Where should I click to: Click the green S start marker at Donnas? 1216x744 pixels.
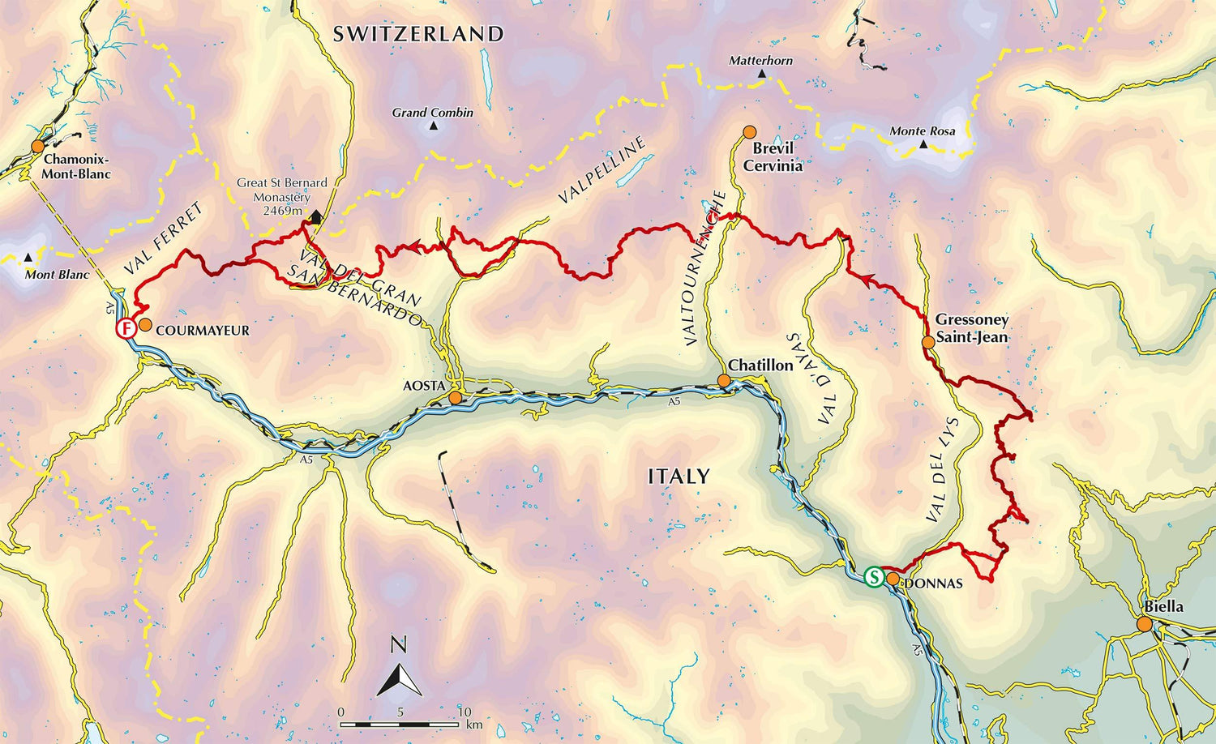pyautogui.click(x=874, y=577)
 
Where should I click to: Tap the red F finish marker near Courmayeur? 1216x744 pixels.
pyautogui.click(x=126, y=328)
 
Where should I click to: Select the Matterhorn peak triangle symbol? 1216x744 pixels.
pyautogui.click(x=761, y=75)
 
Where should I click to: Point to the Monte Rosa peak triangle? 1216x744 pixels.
pyautogui.click(x=923, y=144)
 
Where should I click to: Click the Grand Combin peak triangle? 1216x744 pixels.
pyautogui.click(x=433, y=126)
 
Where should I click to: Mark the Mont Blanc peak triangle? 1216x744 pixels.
pyautogui.click(x=29, y=258)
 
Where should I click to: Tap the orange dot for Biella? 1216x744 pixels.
pyautogui.click(x=1144, y=624)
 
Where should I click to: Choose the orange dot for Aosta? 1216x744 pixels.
pyautogui.click(x=456, y=398)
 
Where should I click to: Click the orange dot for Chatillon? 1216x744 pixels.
pyautogui.click(x=724, y=381)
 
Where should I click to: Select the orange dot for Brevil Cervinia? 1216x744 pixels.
pyautogui.click(x=750, y=131)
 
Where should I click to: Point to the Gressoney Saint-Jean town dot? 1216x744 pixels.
pyautogui.click(x=928, y=342)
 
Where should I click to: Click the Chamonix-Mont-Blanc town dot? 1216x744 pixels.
pyautogui.click(x=37, y=147)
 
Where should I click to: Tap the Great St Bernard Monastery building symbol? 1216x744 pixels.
pyautogui.click(x=315, y=216)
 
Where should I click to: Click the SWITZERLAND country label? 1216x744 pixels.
pyautogui.click(x=418, y=34)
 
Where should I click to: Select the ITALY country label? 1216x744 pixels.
pyautogui.click(x=679, y=477)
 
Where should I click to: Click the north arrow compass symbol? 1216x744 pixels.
pyautogui.click(x=399, y=669)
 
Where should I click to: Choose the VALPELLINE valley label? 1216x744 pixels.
pyautogui.click(x=602, y=170)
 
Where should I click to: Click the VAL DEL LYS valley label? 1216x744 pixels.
pyautogui.click(x=943, y=470)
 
